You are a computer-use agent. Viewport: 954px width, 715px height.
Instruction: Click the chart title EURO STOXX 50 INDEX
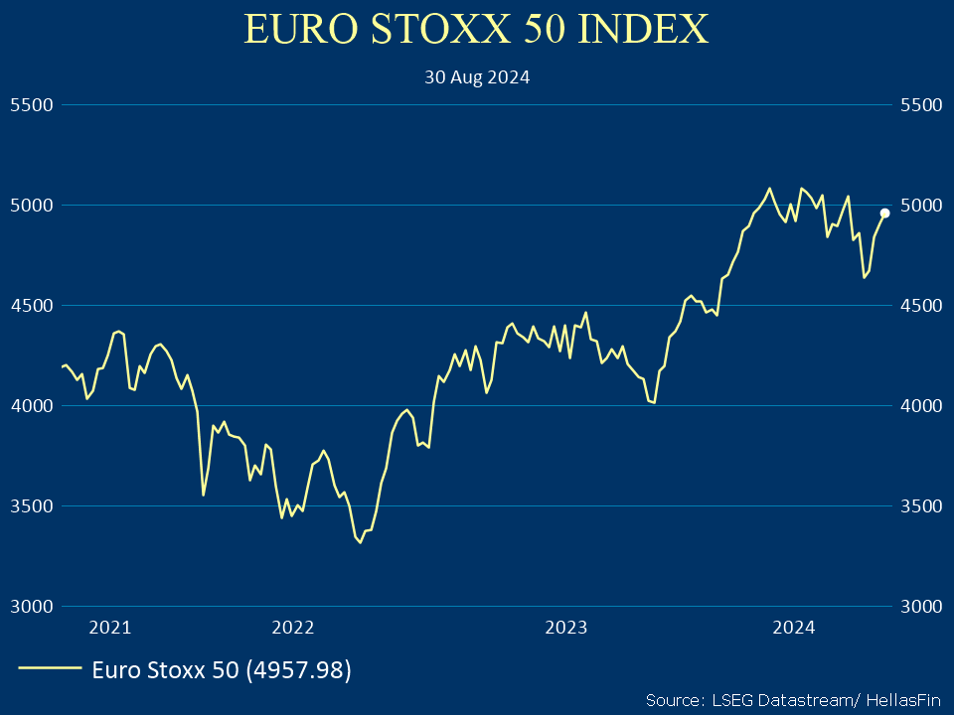pos(477,29)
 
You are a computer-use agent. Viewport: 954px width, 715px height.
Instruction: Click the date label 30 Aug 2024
pos(477,77)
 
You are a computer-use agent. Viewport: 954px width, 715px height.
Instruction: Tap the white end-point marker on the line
pos(884,213)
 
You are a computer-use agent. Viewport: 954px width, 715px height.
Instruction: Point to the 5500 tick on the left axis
pos(30,104)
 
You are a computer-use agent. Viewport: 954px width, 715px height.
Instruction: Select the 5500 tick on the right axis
pos(919,104)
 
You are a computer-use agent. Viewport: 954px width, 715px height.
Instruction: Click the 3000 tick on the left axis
pos(30,607)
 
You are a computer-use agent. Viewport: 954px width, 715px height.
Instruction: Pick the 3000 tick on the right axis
pos(919,607)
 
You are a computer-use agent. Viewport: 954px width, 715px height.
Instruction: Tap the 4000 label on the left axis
pos(30,406)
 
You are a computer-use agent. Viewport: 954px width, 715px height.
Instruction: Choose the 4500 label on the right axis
pos(919,306)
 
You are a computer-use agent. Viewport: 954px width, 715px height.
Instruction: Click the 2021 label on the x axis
pos(109,628)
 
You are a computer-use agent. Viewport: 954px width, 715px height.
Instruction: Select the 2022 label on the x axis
pos(292,628)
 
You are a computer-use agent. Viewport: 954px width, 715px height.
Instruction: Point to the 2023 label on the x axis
pos(566,628)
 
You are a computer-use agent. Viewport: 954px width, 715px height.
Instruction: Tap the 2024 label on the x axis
pos(794,628)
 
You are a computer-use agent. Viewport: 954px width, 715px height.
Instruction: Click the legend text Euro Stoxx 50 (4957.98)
pos(222,670)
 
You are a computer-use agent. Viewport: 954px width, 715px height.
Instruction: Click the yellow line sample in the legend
pos(50,669)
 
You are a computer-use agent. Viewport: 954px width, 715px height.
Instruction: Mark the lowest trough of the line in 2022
pos(360,542)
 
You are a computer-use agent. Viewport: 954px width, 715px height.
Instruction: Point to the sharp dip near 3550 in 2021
pos(203,495)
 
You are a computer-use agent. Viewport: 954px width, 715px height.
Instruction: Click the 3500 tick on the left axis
pos(30,506)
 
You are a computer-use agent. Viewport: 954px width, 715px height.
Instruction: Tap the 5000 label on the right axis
pos(919,206)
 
